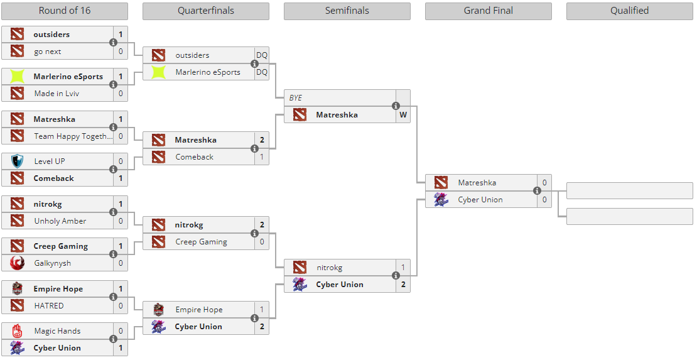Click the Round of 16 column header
pos(64,11)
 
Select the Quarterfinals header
pos(205,11)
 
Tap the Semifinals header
pos(347,11)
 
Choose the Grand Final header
pos(488,11)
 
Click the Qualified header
pos(629,11)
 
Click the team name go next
pos(48,52)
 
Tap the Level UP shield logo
pos(17,161)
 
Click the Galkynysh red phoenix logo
pos(17,263)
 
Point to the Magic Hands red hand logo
pos(17,331)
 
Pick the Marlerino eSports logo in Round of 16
pos(17,77)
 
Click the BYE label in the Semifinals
pos(296,98)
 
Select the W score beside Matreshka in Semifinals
pos(403,115)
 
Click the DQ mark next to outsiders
pos(261,55)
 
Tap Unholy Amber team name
pos(60,221)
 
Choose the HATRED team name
pos(49,306)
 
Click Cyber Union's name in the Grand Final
pos(480,200)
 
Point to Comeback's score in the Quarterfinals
pos(261,157)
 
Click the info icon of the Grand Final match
pos(537,191)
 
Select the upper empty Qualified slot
pos(629,190)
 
